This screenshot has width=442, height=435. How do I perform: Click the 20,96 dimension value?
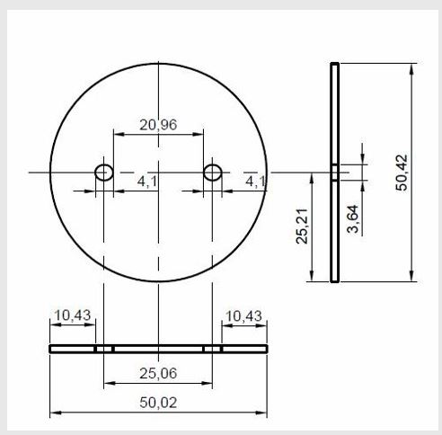pos(158,124)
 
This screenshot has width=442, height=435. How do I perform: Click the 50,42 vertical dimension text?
pos(402,173)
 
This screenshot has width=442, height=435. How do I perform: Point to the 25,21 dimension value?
pos(302,226)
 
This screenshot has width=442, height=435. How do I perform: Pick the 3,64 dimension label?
pos(353,219)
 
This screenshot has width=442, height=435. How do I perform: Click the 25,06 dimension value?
pos(158,373)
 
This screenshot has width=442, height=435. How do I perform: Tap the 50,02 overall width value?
pos(158,403)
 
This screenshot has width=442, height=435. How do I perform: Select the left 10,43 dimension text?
pos(73,315)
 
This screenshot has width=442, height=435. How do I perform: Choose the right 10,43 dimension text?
pos(243,316)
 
